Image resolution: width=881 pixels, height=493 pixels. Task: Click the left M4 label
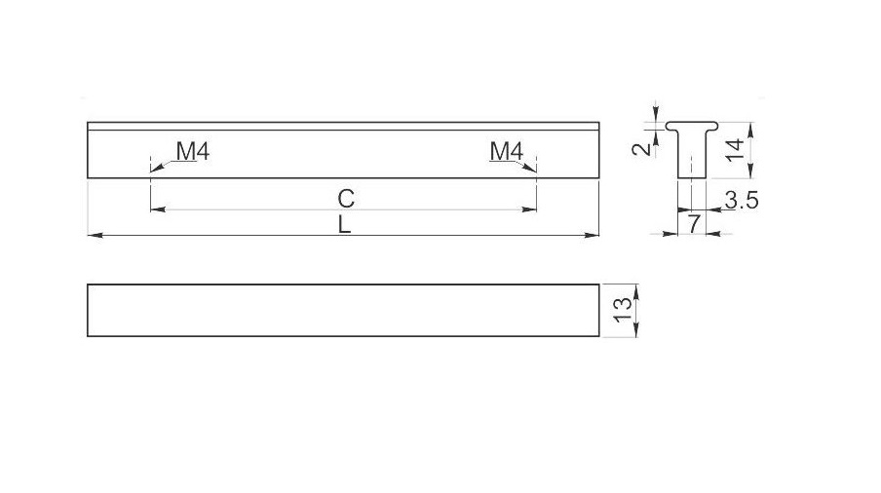[x=193, y=151]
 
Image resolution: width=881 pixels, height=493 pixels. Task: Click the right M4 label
[x=506, y=151]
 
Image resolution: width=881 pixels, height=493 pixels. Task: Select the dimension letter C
[x=346, y=199]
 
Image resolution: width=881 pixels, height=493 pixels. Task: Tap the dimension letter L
[x=344, y=225]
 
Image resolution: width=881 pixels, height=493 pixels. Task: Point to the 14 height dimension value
[x=735, y=150]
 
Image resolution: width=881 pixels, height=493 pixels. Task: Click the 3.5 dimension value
[x=742, y=200]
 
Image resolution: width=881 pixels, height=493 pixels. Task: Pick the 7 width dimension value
[x=694, y=224]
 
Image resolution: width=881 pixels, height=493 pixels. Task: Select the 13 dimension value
[x=623, y=310]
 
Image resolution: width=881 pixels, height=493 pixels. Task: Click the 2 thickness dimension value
[x=641, y=149]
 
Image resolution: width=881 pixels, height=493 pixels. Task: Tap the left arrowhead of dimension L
[x=95, y=235]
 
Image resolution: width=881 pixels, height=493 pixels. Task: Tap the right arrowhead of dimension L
[x=593, y=235]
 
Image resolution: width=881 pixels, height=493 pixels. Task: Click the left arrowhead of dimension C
[x=159, y=209]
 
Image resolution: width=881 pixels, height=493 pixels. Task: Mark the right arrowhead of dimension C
[x=529, y=209]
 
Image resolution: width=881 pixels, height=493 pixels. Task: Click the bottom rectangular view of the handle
[x=343, y=311]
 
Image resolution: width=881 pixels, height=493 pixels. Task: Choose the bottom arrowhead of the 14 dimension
[x=751, y=171]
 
